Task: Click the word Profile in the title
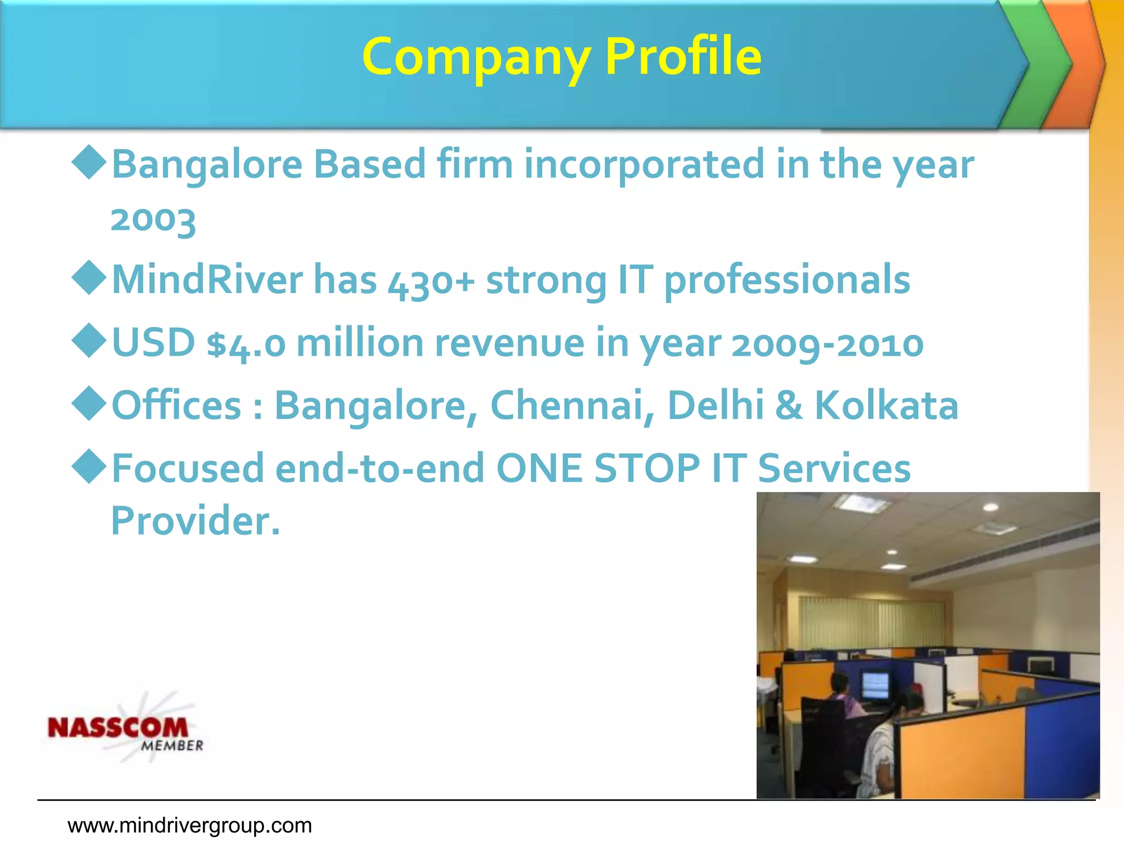point(683,56)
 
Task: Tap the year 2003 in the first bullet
point(153,220)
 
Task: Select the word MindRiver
point(207,280)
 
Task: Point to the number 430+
point(431,282)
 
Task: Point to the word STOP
point(647,469)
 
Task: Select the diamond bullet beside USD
point(89,341)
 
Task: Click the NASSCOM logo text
point(118,728)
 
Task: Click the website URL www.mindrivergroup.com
point(189,825)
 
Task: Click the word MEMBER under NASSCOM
point(172,746)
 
